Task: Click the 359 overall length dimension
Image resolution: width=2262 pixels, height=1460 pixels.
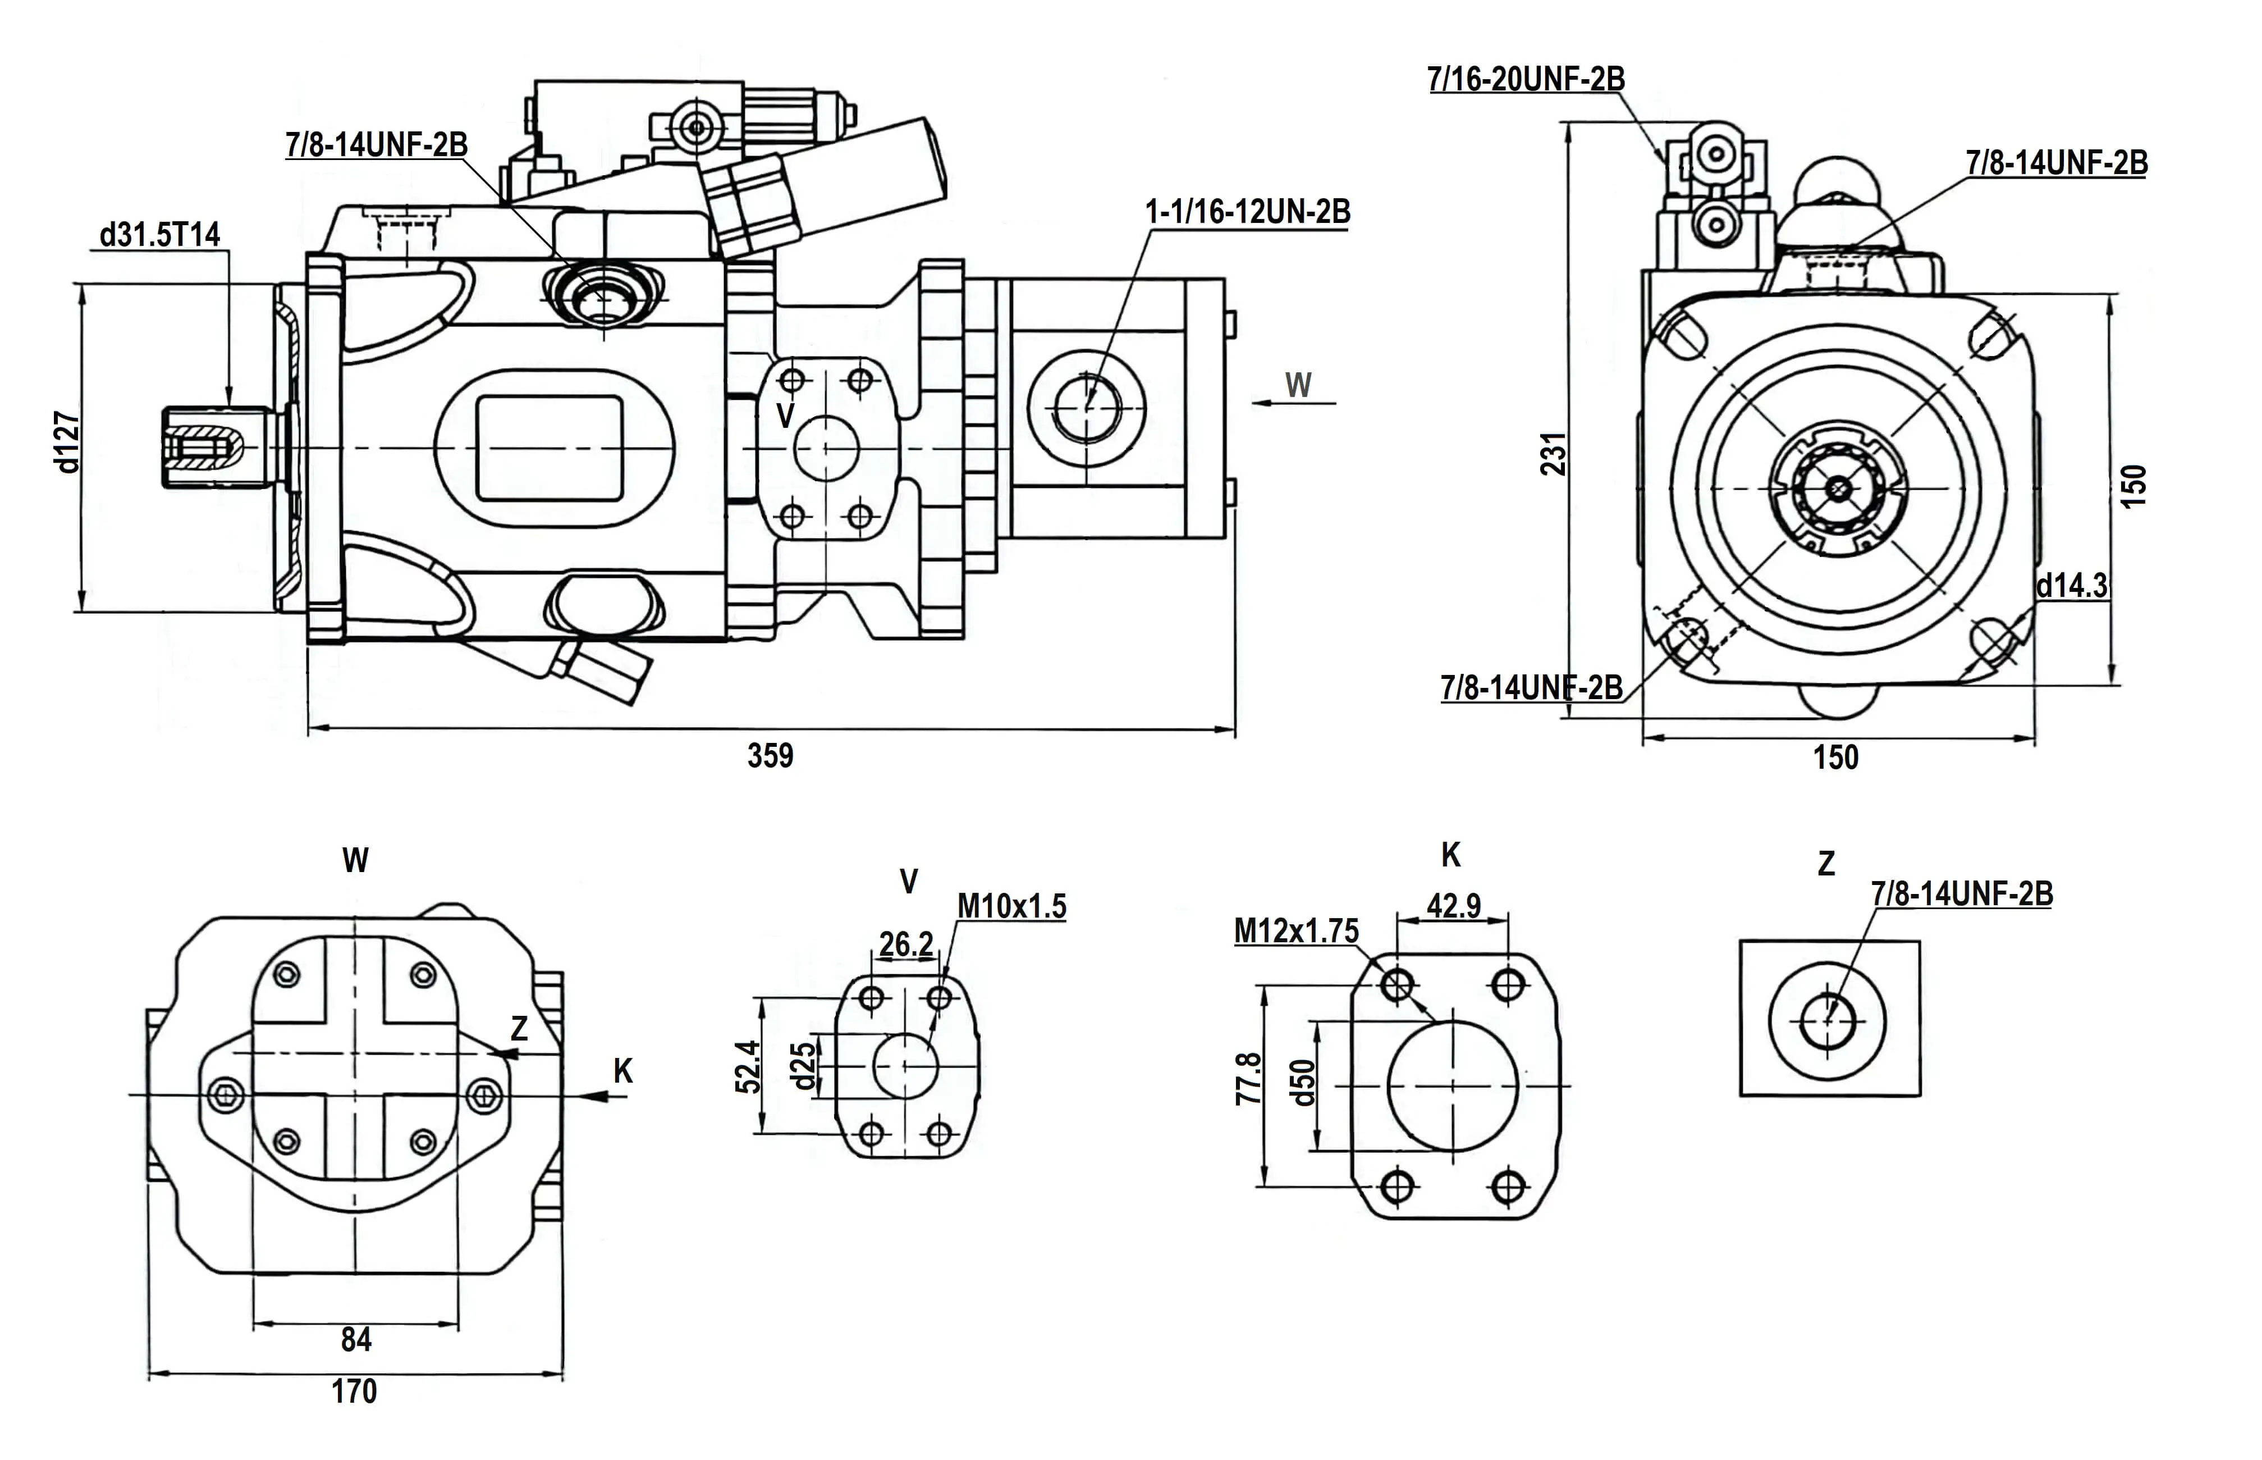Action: click(x=770, y=756)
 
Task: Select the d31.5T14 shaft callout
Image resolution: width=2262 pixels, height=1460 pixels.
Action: click(x=159, y=234)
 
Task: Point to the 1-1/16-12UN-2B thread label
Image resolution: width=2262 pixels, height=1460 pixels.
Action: click(x=1247, y=211)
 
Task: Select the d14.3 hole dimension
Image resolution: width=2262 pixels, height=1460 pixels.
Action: click(x=2072, y=586)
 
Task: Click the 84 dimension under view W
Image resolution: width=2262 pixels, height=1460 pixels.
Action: click(x=356, y=1340)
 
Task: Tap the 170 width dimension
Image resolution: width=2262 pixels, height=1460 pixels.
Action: click(x=354, y=1391)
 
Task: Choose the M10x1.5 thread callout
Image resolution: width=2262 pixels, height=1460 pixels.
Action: click(x=1011, y=906)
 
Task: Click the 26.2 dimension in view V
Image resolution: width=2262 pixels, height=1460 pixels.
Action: click(x=906, y=945)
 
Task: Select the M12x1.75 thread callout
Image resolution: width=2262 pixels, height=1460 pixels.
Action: click(x=1295, y=931)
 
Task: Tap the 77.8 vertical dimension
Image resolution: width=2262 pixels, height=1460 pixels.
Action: click(x=1249, y=1079)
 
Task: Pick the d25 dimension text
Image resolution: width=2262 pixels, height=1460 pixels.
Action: click(x=803, y=1066)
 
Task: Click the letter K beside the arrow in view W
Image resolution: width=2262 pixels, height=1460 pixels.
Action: click(x=622, y=1070)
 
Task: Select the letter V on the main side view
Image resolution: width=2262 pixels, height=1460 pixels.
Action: click(x=785, y=415)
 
